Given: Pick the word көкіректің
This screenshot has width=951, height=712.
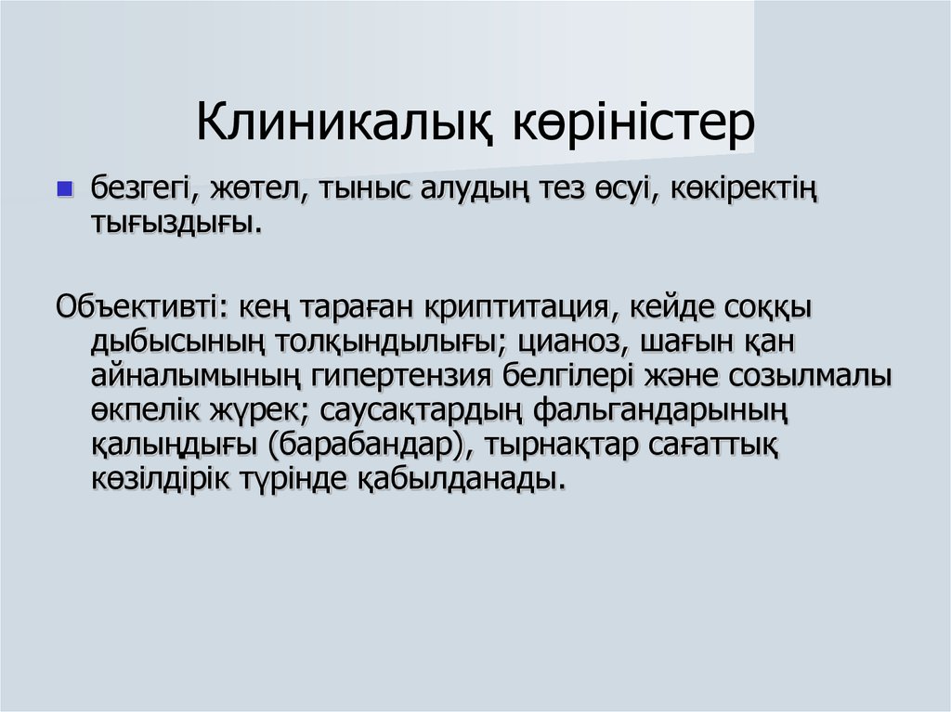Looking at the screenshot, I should pyautogui.click(x=730, y=189).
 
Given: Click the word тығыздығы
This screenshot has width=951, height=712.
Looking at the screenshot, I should pyautogui.click(x=170, y=224).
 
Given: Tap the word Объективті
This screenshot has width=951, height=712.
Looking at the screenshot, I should pyautogui.click(x=138, y=306).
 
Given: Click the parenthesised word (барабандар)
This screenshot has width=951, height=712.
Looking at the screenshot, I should pyautogui.click(x=367, y=444).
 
